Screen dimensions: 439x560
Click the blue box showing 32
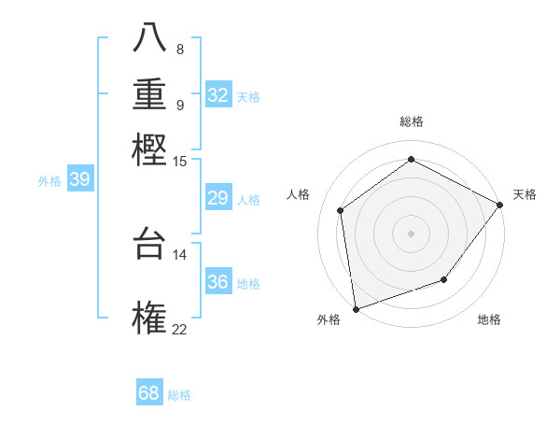coord(218,95)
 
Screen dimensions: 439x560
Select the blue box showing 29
coord(218,198)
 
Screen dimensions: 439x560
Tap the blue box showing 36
coord(218,282)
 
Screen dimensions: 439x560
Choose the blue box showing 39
coord(79,180)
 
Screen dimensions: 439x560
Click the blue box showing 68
coord(149,393)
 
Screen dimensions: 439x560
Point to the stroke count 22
coord(179,329)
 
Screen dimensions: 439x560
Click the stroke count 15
coord(179,162)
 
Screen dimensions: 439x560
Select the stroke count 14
coord(179,254)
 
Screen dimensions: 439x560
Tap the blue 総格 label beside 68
coord(179,395)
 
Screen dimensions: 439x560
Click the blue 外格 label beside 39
coord(49,182)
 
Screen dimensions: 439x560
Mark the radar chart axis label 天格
coord(525,194)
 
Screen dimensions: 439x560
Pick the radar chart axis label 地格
coord(489,319)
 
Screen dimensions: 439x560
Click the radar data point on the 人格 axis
coord(341,210)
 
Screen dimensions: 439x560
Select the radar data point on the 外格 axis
coord(356,308)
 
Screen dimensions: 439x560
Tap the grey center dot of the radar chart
coord(411,233)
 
